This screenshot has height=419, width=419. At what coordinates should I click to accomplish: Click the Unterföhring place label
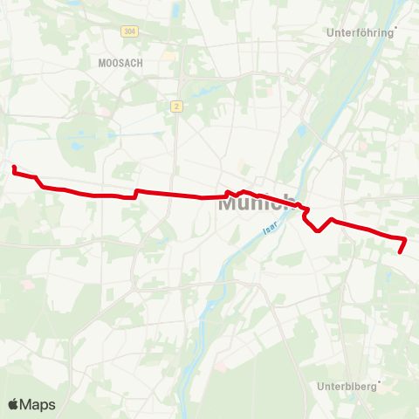coord(360,33)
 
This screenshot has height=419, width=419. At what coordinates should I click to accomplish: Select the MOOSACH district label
coord(121,63)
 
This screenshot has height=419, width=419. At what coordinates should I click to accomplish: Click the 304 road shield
coord(129,31)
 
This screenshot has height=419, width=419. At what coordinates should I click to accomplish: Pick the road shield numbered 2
coord(176,106)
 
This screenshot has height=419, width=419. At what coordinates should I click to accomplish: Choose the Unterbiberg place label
coord(346,385)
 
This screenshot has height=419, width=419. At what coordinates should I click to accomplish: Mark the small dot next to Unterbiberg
coord(380,380)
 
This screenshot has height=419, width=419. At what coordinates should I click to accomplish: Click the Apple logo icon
coord(14,404)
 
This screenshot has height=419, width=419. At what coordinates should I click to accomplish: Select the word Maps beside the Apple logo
coord(38,404)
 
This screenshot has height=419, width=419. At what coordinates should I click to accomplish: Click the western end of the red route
coord(15,166)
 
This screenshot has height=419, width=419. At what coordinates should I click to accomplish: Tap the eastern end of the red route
coord(401,251)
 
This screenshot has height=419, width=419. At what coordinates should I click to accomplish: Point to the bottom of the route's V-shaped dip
coord(319,230)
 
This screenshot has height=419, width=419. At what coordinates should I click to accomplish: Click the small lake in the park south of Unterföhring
coord(302,131)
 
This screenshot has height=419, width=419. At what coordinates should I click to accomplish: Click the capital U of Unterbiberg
coord(319,385)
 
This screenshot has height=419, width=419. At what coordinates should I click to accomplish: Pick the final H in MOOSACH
coord(139,63)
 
